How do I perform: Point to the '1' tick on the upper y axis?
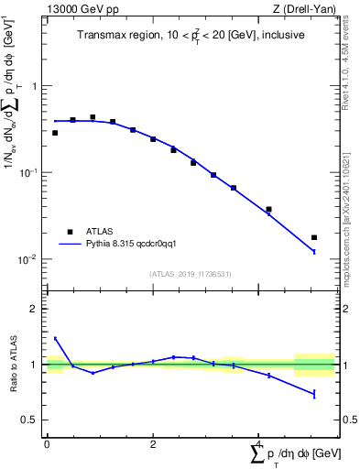(x=35, y=86)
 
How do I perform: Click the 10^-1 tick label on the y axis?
(x=30, y=172)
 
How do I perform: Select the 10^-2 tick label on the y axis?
(x=30, y=259)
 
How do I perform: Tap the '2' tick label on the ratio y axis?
(x=35, y=309)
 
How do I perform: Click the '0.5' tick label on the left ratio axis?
(x=30, y=420)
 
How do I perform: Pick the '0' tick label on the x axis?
(x=47, y=443)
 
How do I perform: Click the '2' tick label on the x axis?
(x=153, y=443)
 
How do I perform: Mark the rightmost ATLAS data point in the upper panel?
(x=314, y=237)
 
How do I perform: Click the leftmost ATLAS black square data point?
(x=55, y=133)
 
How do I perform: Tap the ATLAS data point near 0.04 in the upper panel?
(x=268, y=210)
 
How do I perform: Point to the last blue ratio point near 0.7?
(x=314, y=394)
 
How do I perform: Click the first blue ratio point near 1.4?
(x=55, y=338)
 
